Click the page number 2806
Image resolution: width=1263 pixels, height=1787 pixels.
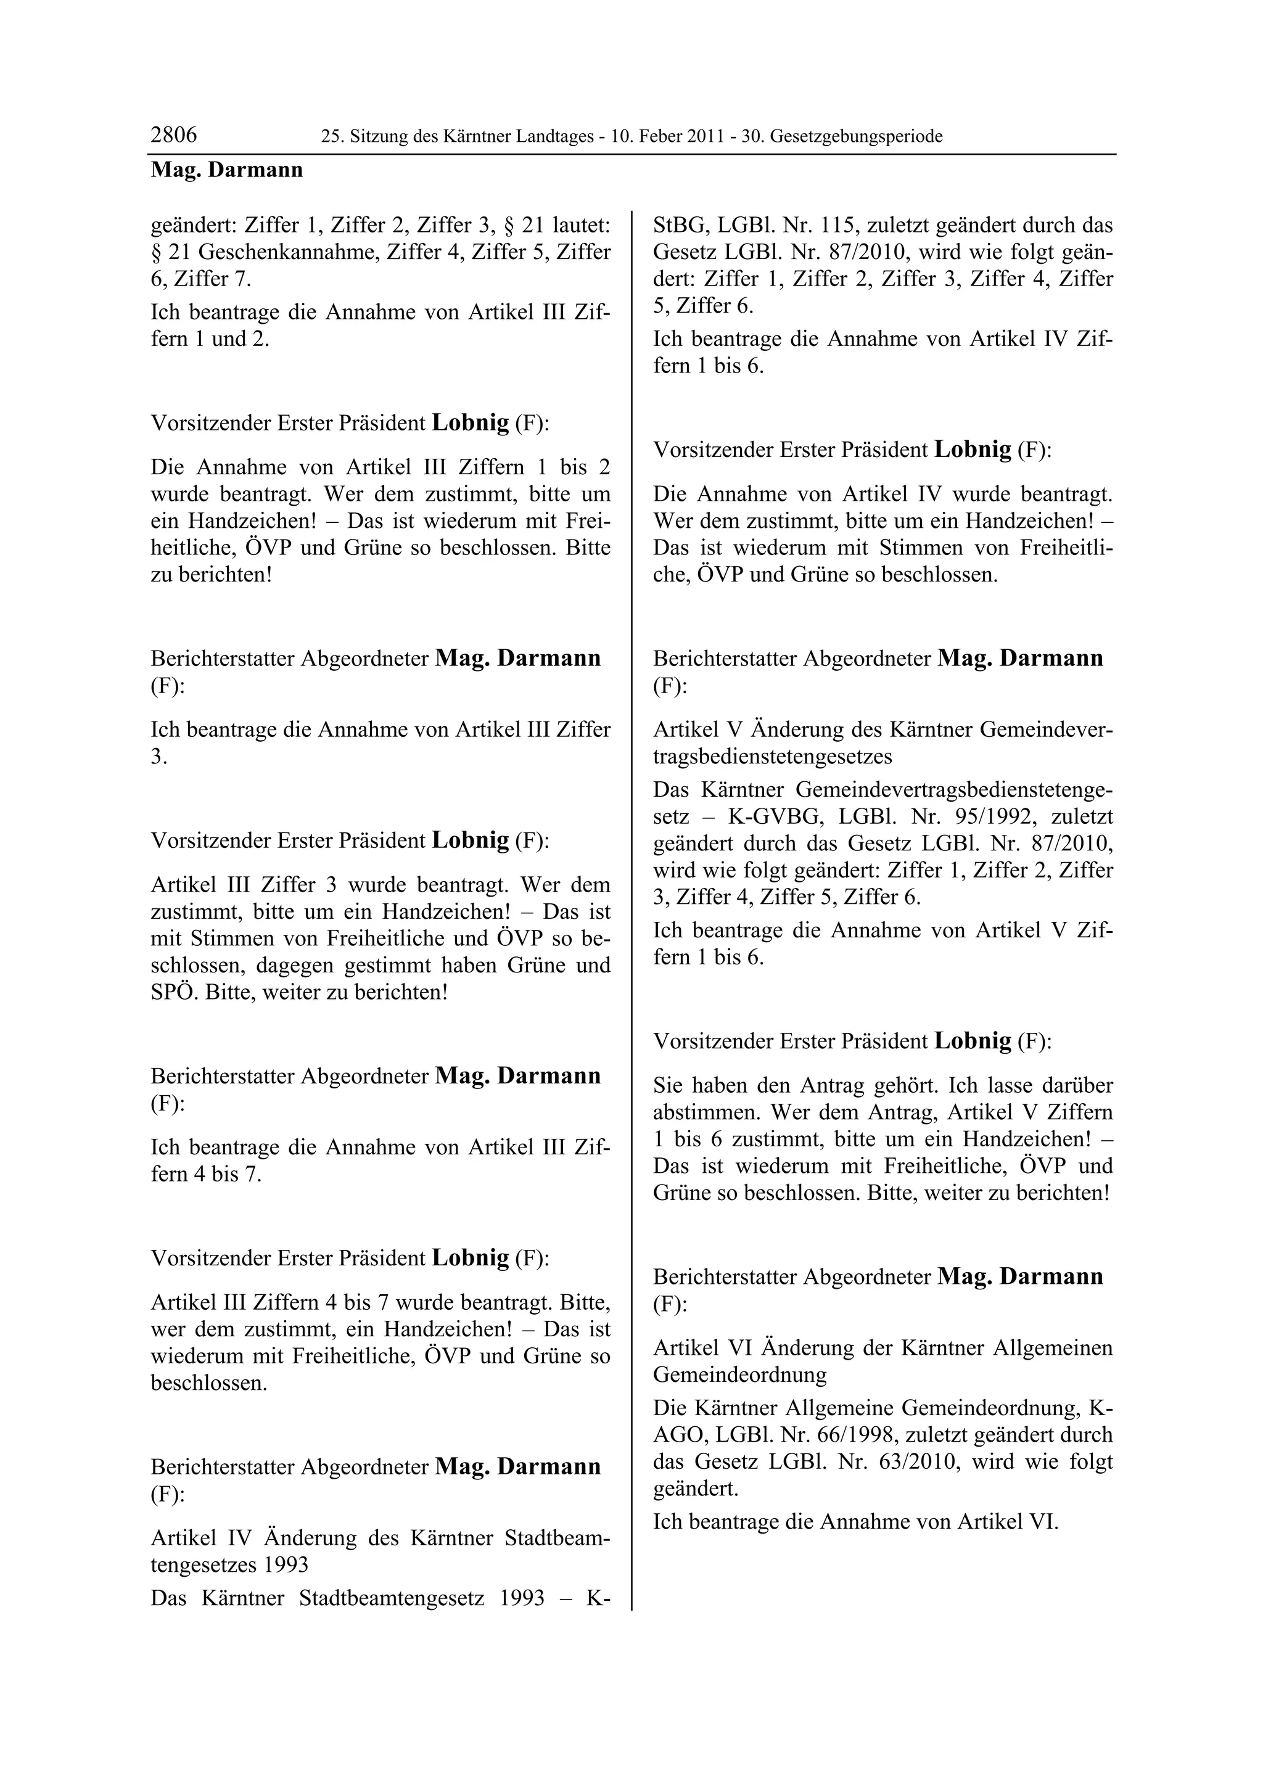click(x=173, y=136)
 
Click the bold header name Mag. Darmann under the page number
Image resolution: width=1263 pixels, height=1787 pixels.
click(x=226, y=170)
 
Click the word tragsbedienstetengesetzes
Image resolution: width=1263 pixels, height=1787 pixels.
click(x=772, y=757)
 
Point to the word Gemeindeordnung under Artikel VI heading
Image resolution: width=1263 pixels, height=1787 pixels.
click(x=739, y=1375)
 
